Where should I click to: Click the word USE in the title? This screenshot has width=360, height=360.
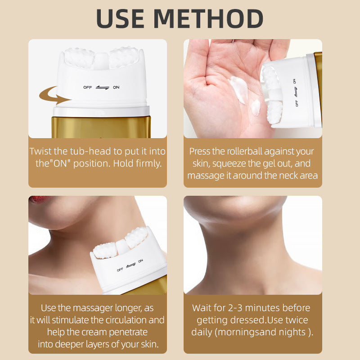point(121,18)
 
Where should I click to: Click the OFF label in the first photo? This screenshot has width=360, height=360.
point(87,87)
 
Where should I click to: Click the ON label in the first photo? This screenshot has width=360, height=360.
point(116,87)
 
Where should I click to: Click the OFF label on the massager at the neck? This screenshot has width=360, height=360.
point(120,270)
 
